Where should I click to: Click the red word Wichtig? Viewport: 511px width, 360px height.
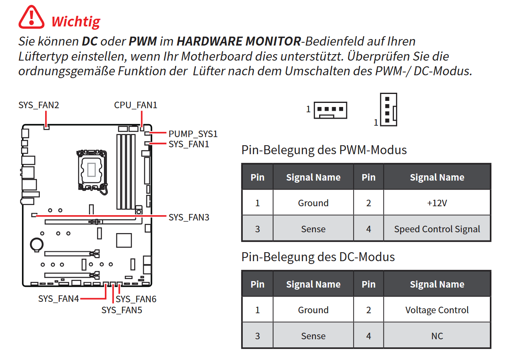tap(76, 21)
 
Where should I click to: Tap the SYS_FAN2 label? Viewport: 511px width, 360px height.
tap(39, 105)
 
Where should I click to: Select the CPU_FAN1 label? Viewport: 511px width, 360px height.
tap(135, 105)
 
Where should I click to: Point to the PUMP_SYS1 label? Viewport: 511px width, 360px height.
tap(193, 134)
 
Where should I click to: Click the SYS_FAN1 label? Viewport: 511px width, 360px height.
tap(189, 144)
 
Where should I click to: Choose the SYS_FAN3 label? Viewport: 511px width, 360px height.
tap(189, 217)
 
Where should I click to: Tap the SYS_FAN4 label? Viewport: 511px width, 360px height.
tap(59, 299)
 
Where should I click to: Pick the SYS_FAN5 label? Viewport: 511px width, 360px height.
tap(122, 310)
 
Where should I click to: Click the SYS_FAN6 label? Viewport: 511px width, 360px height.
tap(136, 299)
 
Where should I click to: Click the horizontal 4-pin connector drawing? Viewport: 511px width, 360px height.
tap(330, 110)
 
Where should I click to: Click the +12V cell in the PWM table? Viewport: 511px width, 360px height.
tap(437, 203)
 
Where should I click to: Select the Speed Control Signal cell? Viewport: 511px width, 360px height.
tap(437, 229)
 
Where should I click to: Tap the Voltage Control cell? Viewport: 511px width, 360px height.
tap(437, 310)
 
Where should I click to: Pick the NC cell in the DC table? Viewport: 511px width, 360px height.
tap(437, 336)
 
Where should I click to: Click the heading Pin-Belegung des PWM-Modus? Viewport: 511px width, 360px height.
tap(324, 150)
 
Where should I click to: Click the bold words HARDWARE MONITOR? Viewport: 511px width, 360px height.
tap(239, 41)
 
